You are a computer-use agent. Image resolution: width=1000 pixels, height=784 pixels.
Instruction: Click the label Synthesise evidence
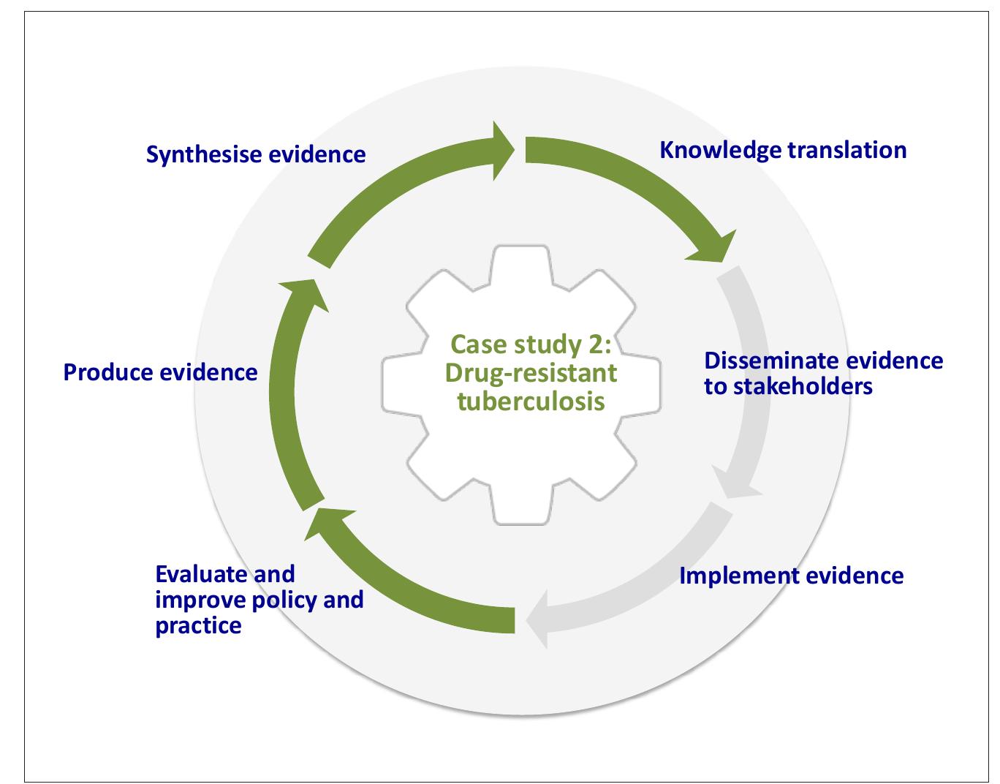click(256, 155)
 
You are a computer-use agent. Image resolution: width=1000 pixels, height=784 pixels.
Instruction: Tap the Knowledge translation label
click(783, 150)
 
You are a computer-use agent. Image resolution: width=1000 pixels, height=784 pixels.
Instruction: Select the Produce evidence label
click(161, 372)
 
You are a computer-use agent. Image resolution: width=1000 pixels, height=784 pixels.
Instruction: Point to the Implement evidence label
click(792, 576)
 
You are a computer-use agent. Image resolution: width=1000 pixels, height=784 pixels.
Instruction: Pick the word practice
click(198, 626)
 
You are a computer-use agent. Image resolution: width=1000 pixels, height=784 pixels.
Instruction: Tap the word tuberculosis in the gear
click(531, 402)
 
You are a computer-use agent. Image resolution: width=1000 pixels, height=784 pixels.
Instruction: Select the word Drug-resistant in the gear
click(531, 373)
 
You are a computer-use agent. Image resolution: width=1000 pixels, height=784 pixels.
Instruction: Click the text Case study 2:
click(531, 344)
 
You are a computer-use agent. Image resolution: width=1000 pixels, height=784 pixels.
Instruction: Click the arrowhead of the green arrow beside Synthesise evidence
click(504, 150)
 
